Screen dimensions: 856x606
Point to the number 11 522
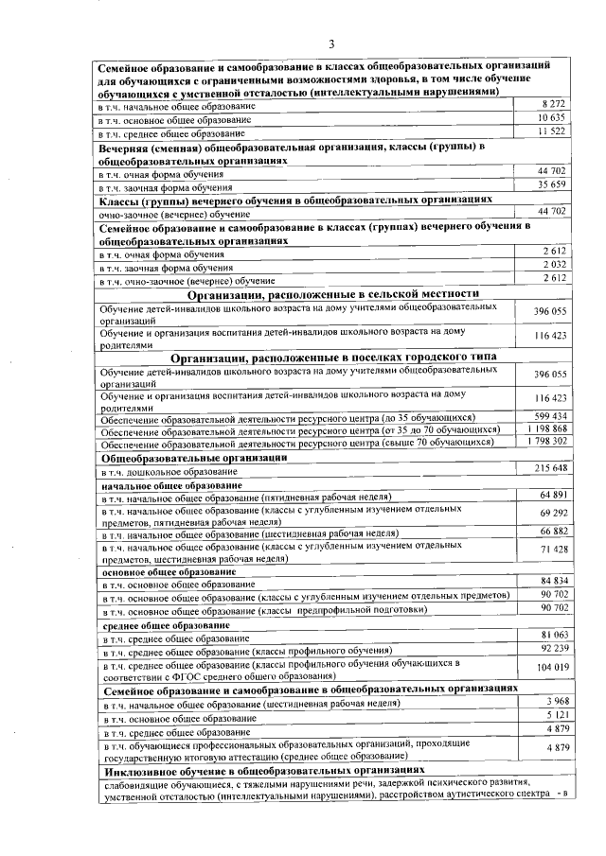[551, 132]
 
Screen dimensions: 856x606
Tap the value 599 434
[549, 416]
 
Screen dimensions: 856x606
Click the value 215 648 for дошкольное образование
[550, 469]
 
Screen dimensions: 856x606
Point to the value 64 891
[552, 496]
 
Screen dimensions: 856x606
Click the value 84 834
[552, 580]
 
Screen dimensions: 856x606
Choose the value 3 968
[555, 700]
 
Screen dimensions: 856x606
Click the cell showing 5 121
[555, 715]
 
